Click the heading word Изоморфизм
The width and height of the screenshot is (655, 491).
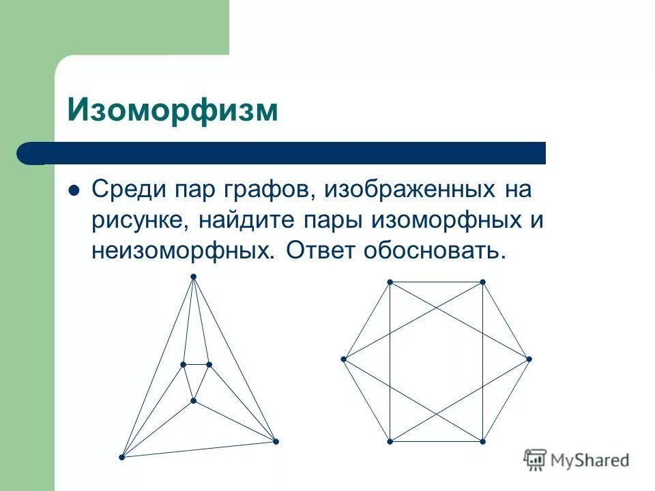point(173,110)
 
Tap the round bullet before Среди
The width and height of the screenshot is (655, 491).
point(75,190)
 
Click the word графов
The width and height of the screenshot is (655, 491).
point(263,190)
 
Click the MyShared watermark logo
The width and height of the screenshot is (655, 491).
point(577,460)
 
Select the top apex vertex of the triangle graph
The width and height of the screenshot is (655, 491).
point(193,276)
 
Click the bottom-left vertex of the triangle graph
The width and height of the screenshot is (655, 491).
point(121,456)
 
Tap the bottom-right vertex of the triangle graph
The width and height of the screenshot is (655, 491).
point(276,442)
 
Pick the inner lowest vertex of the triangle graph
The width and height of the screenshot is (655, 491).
point(193,400)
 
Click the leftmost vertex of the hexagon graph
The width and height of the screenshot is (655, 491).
point(344,359)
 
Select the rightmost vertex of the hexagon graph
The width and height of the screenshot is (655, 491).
point(529,359)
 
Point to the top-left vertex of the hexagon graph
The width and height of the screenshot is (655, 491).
point(390,282)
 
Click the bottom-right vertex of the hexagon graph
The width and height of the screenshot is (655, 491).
point(482,442)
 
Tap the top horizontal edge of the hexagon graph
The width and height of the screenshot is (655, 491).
point(436,282)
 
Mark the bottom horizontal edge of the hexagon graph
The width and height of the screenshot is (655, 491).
point(436,442)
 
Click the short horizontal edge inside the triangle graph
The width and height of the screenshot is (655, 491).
point(196,365)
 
